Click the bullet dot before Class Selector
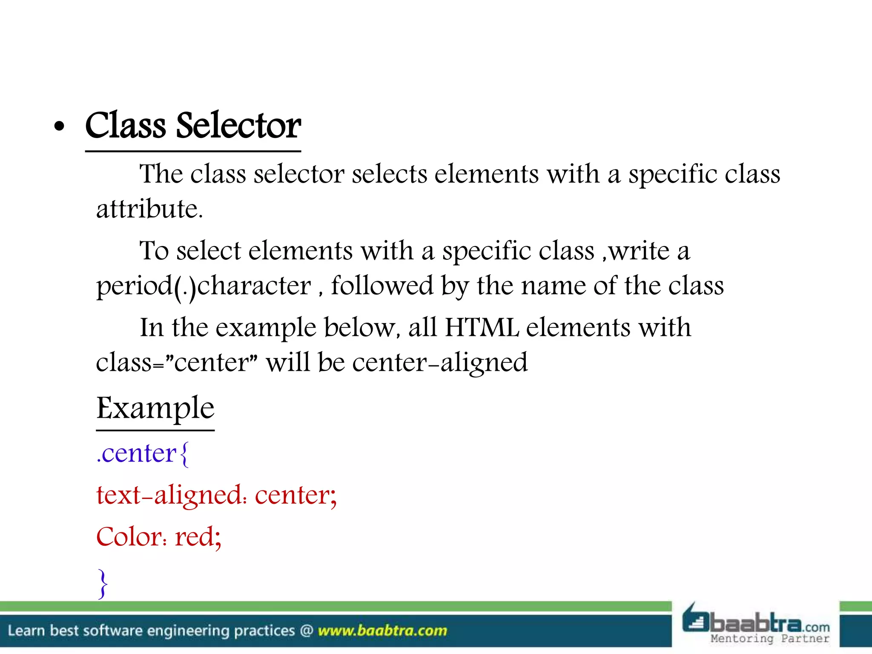coord(60,126)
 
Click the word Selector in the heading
coord(238,126)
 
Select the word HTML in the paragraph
coord(482,328)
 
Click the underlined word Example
coord(155,408)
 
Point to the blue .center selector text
coord(137,453)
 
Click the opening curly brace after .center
coord(184,454)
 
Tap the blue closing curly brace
coord(103,584)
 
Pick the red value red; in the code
coord(198,537)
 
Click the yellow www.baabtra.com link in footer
coord(382,631)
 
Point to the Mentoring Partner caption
coord(770,639)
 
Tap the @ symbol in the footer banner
coord(307,631)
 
